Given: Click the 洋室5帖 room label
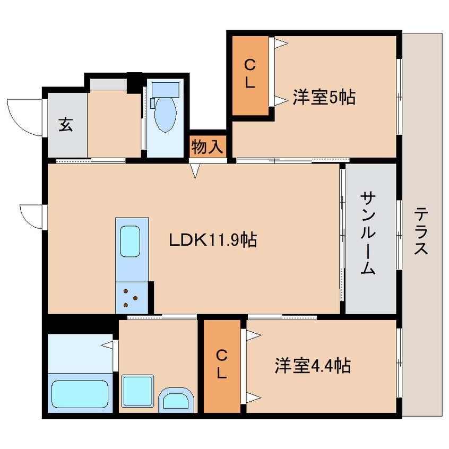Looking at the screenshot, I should pyautogui.click(x=324, y=98).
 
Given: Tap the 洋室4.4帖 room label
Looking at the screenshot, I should pyautogui.click(x=312, y=366).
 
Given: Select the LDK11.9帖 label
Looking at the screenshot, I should pyautogui.click(x=213, y=240).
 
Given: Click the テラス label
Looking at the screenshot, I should pyautogui.click(x=421, y=231).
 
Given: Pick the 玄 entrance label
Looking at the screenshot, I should pyautogui.click(x=65, y=126).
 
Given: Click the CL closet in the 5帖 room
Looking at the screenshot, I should pyautogui.click(x=250, y=74).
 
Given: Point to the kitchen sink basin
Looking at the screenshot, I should pyautogui.click(x=130, y=241).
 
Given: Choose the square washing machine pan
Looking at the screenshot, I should pyautogui.click(x=138, y=391).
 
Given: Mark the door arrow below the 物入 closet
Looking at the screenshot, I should pyautogui.click(x=196, y=171).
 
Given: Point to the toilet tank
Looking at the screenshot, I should pyautogui.click(x=165, y=89).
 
